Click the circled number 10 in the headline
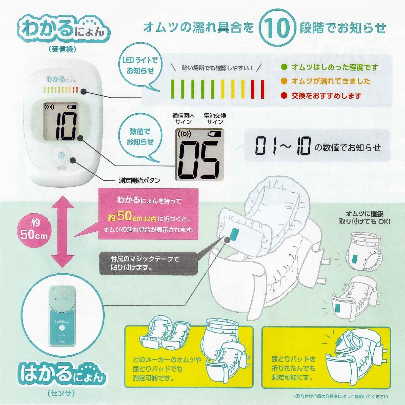click(x=277, y=27)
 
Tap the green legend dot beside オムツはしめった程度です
click(x=284, y=67)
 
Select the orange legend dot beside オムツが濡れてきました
click(x=284, y=81)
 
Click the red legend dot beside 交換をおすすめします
click(x=284, y=95)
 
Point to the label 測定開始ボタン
click(x=139, y=180)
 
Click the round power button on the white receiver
click(x=61, y=155)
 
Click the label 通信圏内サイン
click(x=183, y=119)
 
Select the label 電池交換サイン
click(x=215, y=119)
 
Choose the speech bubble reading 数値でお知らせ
click(x=140, y=137)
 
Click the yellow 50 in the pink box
click(x=124, y=216)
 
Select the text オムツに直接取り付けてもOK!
click(x=364, y=218)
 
